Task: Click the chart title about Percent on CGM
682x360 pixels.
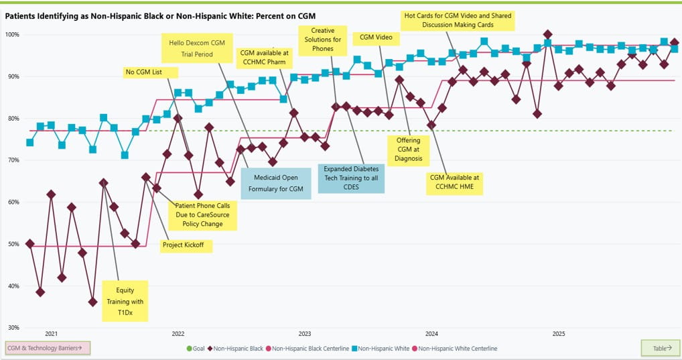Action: click(161, 15)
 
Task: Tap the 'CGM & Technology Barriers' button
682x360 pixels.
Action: click(47, 348)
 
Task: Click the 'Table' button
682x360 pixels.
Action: click(659, 348)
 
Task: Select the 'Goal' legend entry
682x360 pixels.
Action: click(195, 349)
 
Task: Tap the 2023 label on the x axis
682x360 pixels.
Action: click(305, 333)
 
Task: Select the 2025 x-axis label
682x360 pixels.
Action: click(559, 333)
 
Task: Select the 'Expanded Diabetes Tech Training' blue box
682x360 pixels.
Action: click(351, 178)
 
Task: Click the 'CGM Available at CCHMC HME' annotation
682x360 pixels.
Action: click(456, 182)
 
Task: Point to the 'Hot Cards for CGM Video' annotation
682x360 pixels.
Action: click(458, 20)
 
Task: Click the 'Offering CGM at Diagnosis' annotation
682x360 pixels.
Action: click(409, 149)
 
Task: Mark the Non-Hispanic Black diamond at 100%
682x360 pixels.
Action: click(548, 34)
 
